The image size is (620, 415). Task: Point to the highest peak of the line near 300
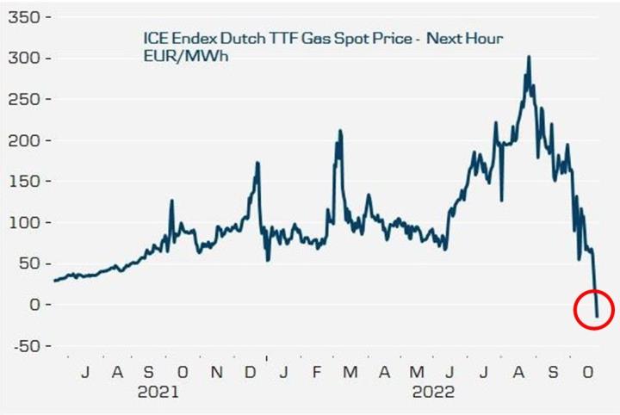click(x=529, y=57)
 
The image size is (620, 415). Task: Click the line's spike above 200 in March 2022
click(x=340, y=131)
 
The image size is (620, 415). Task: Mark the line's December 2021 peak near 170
click(x=257, y=162)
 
